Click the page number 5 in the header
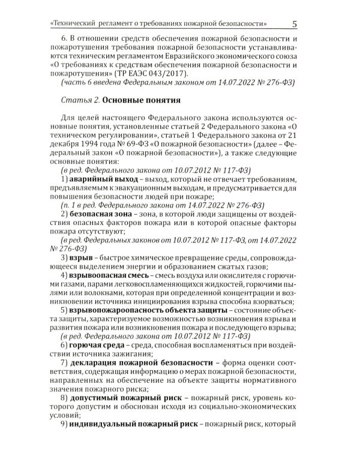pyautogui.click(x=295, y=23)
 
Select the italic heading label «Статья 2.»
pyautogui.click(x=80, y=100)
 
